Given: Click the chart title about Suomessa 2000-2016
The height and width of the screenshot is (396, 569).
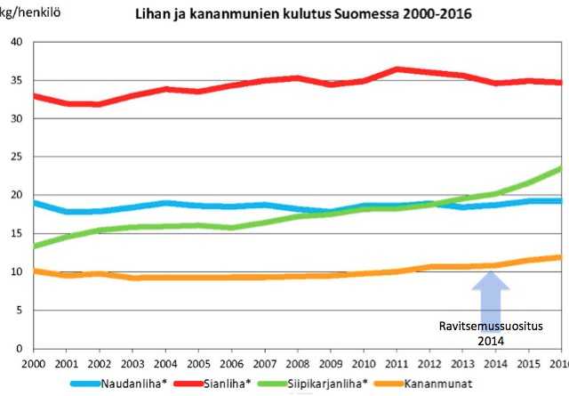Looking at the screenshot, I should [303, 15].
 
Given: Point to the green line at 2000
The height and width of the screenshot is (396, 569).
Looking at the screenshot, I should [34, 246].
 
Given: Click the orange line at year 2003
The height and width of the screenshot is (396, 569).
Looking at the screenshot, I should [133, 278].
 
